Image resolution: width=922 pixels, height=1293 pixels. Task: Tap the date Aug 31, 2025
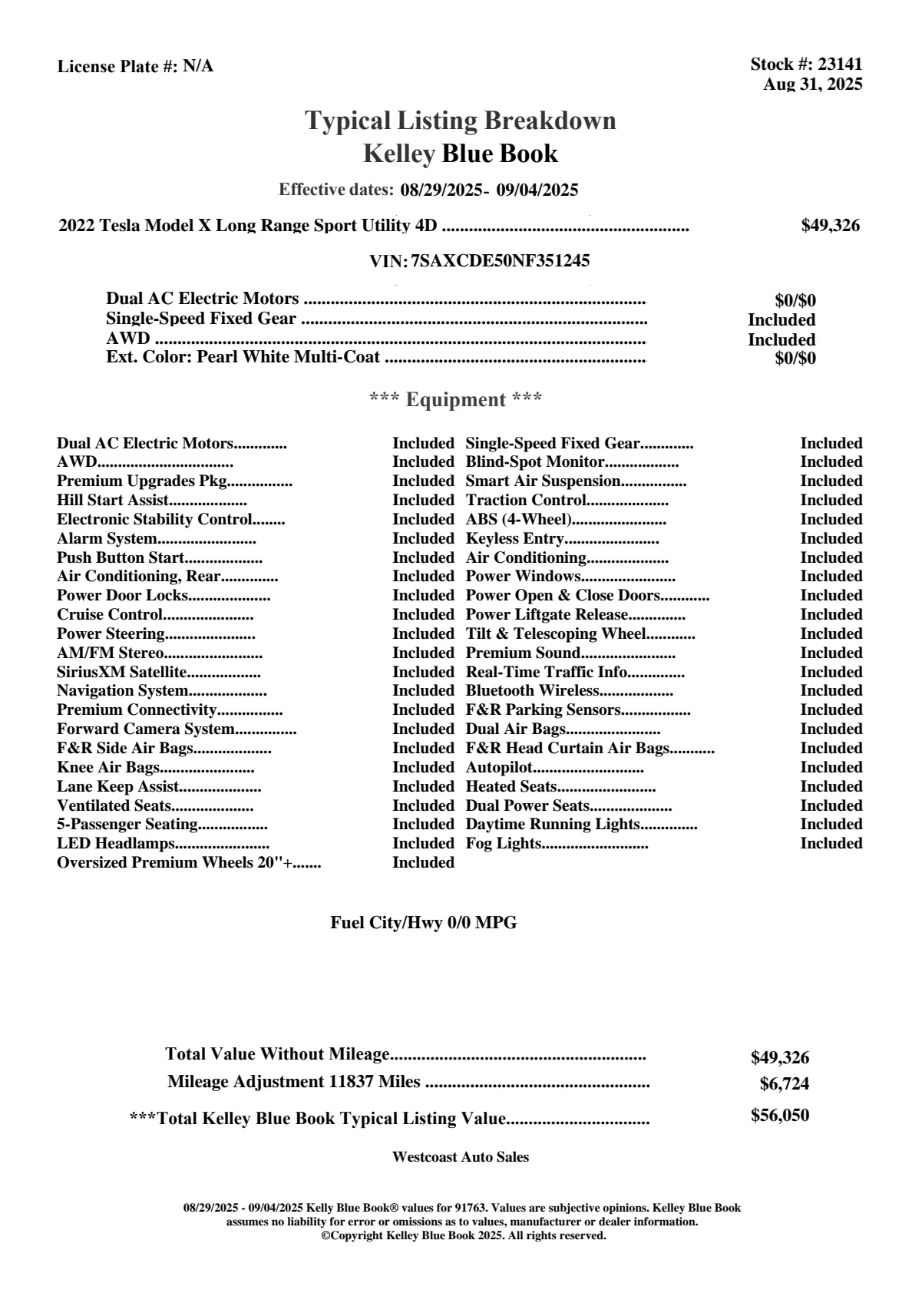pos(812,84)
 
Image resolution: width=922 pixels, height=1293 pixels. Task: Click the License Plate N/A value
pos(198,67)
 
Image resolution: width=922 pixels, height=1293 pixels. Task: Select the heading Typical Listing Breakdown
pos(461,121)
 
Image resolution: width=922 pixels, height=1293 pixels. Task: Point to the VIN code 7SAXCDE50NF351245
pos(501,261)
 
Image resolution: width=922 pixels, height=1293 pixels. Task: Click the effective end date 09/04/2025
pos(537,190)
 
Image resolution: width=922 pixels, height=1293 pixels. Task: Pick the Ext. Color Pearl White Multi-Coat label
pos(243,357)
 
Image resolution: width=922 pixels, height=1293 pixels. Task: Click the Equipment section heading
pos(456,400)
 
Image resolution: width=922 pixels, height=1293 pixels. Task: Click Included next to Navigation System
pos(423,691)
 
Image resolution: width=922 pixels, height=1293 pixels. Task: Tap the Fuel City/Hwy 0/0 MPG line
pos(424,923)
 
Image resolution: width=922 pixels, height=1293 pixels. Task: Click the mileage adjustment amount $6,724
pos(785,1084)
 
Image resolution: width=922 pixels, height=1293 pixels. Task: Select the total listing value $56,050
pos(780,1116)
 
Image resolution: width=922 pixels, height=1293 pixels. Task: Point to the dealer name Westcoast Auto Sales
pos(461,1157)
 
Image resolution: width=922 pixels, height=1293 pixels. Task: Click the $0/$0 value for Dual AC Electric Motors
pos(795,301)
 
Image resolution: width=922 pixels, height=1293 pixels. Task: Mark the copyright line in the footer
pos(463,1235)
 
